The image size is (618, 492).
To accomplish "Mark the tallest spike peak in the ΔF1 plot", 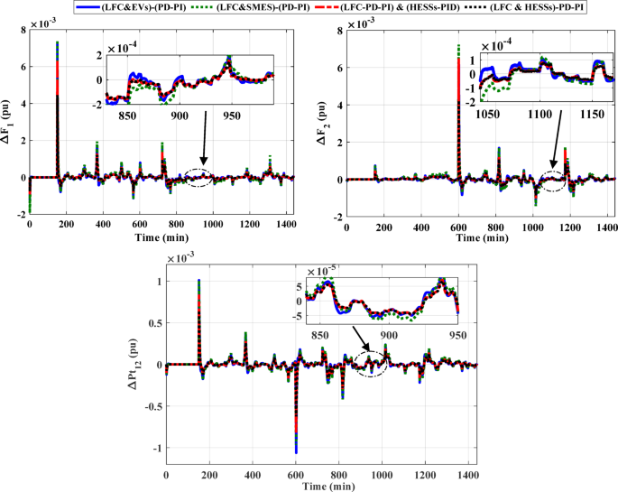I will tap(58, 42).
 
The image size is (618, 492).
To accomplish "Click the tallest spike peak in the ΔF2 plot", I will tap(458, 45).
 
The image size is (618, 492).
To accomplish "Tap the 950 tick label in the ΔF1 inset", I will tap(232, 116).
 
